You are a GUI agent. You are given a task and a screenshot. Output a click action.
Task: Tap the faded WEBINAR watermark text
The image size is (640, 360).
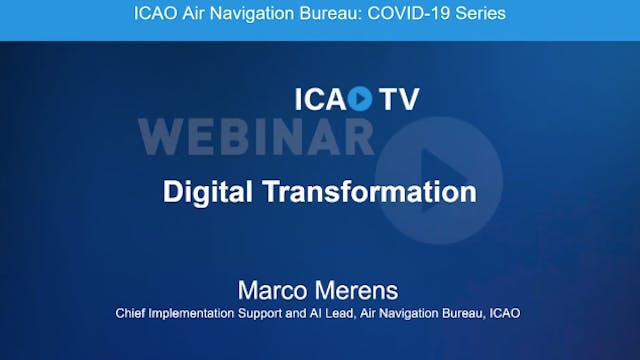(x=256, y=135)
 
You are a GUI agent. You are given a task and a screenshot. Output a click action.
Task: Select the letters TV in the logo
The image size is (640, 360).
(x=399, y=99)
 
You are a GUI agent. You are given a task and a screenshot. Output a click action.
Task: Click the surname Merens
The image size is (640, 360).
(x=358, y=291)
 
